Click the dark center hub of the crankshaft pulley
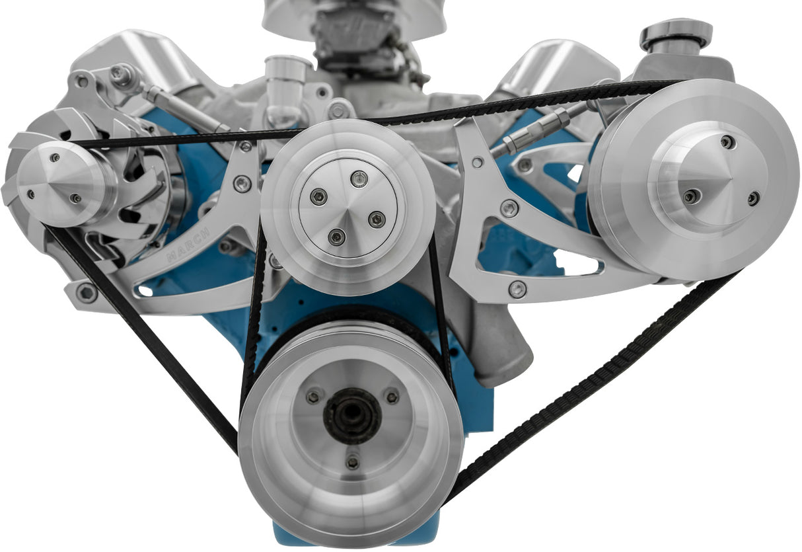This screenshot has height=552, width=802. [x=352, y=416]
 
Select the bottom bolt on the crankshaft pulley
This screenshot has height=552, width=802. [x=353, y=463]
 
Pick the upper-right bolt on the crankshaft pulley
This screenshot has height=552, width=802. [x=392, y=397]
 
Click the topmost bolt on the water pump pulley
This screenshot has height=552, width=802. [x=359, y=178]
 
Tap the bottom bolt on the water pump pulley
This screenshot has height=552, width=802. [x=338, y=237]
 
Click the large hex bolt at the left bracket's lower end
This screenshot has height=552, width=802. [x=87, y=292]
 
